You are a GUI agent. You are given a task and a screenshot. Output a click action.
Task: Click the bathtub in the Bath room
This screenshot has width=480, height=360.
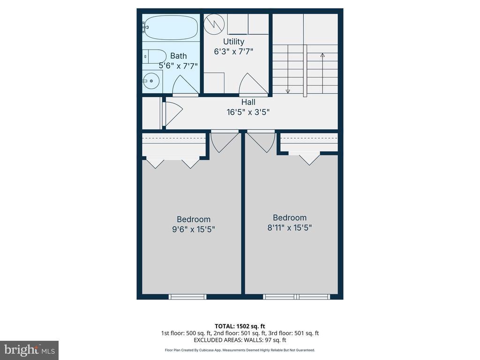171,28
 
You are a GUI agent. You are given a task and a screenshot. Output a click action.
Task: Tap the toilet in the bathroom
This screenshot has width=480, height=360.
155,56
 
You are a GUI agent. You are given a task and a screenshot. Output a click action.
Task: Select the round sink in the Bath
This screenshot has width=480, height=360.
151,81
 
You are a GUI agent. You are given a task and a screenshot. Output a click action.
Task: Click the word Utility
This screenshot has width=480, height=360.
233,42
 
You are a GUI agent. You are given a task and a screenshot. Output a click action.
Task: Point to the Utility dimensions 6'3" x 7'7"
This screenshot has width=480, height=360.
233,52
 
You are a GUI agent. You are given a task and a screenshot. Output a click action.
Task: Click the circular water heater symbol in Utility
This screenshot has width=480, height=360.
214,24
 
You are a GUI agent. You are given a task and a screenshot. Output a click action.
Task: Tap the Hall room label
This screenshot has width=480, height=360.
248,102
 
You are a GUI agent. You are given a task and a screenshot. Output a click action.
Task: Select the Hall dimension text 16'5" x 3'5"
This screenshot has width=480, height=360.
248,112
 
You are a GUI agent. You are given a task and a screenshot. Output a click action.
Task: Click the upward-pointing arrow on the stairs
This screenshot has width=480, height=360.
322,74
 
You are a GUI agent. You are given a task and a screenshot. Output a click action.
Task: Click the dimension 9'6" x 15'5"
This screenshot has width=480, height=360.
194,229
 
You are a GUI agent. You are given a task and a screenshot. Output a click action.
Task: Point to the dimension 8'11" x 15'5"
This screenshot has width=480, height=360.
290,228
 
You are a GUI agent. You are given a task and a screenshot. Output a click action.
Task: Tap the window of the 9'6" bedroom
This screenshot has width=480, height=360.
187,297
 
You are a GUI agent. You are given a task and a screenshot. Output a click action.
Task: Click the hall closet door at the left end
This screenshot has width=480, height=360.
172,112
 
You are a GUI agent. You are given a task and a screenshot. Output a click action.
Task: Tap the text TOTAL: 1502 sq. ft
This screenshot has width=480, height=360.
240,326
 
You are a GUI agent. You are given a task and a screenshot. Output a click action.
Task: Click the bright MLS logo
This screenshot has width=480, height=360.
30,350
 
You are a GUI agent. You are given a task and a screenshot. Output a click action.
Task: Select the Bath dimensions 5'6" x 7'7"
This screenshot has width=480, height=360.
178,66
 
